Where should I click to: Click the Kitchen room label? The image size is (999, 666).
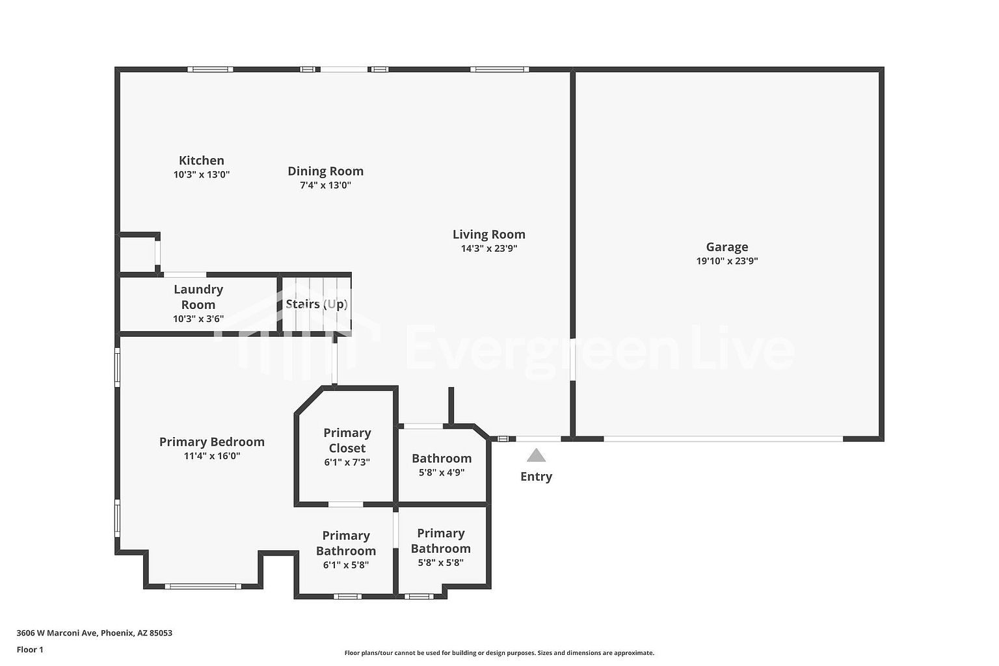pyautogui.click(x=201, y=160)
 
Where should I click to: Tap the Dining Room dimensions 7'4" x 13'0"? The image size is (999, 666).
pyautogui.click(x=326, y=185)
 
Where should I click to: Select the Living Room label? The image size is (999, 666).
pyautogui.click(x=489, y=235)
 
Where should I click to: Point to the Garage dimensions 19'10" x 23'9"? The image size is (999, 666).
pyautogui.click(x=727, y=261)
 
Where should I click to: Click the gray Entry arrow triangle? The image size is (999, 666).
pyautogui.click(x=536, y=455)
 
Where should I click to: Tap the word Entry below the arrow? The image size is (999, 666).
pyautogui.click(x=536, y=477)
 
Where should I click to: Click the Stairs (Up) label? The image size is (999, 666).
pyautogui.click(x=317, y=304)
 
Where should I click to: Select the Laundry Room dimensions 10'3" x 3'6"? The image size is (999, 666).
pyautogui.click(x=198, y=319)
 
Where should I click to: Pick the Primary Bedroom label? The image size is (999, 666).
pyautogui.click(x=212, y=442)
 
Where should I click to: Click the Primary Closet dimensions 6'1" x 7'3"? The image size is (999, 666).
pyautogui.click(x=347, y=462)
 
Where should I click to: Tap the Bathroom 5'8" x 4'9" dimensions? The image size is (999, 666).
pyautogui.click(x=442, y=472)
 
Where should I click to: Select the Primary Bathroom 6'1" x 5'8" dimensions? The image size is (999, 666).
pyautogui.click(x=346, y=565)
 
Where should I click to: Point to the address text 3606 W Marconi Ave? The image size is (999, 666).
pyautogui.click(x=57, y=633)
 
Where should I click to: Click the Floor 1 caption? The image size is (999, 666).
pyautogui.click(x=30, y=650)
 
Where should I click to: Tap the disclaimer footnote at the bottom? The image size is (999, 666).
pyautogui.click(x=499, y=653)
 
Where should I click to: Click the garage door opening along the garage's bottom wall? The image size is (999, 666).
pyautogui.click(x=723, y=439)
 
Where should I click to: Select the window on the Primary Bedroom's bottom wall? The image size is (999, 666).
pyautogui.click(x=203, y=586)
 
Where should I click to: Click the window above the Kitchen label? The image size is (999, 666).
pyautogui.click(x=210, y=69)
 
